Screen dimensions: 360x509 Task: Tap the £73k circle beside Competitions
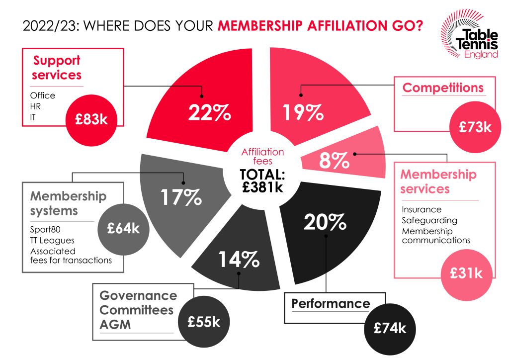pyautogui.click(x=475, y=127)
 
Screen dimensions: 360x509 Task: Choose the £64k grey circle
pyautogui.click(x=124, y=229)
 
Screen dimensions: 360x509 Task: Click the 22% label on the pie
pyautogui.click(x=209, y=113)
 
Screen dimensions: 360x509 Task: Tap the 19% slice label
pyautogui.click(x=303, y=113)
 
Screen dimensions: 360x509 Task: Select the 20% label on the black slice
pyautogui.click(x=326, y=221)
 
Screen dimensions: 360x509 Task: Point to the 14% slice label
pyautogui.click(x=238, y=259)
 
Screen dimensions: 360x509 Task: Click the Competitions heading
pyautogui.click(x=443, y=88)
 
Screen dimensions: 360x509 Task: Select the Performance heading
pyautogui.click(x=331, y=303)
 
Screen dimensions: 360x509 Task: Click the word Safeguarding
pyautogui.click(x=429, y=220)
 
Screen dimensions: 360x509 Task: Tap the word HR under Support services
pyautogui.click(x=36, y=106)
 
